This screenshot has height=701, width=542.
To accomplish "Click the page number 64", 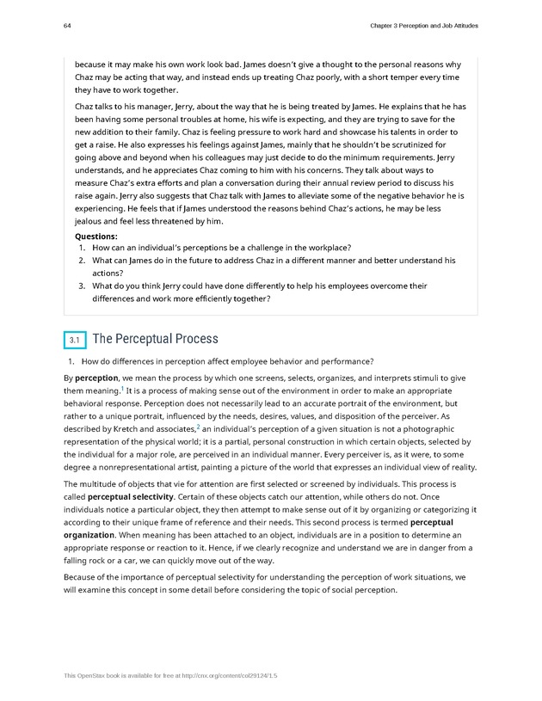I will pyautogui.click(x=66, y=26).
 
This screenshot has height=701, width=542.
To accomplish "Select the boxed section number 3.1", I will pyautogui.click(x=74, y=341).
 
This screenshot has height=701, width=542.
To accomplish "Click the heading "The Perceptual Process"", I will pyautogui.click(x=155, y=339).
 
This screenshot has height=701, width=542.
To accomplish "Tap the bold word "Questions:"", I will pyautogui.click(x=96, y=235).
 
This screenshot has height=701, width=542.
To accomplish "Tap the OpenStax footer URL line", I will pyautogui.click(x=170, y=675).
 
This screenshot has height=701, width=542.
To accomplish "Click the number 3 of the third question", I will pyautogui.click(x=81, y=286).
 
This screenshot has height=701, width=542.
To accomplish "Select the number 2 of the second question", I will pyautogui.click(x=81, y=260).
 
